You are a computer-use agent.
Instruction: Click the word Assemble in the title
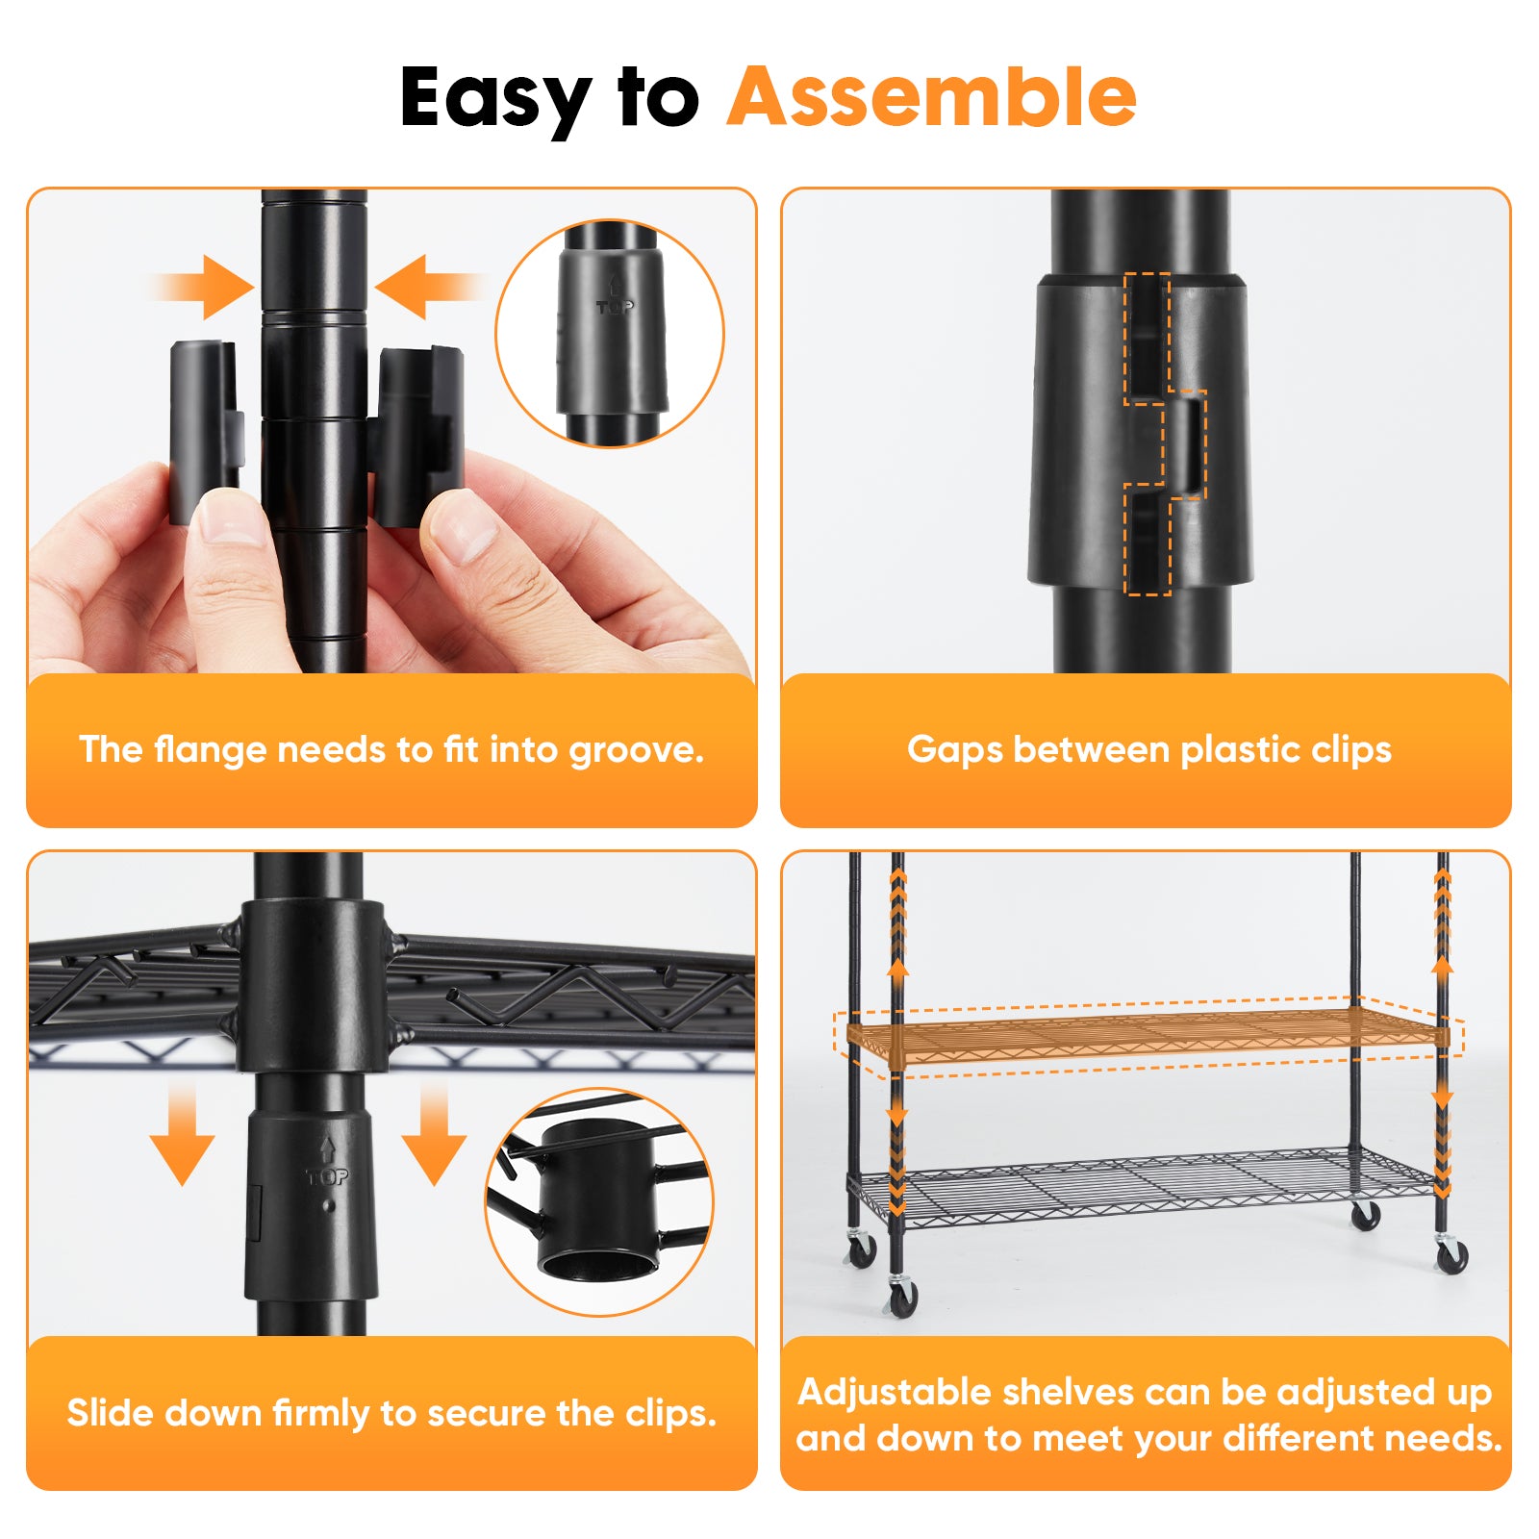click(931, 98)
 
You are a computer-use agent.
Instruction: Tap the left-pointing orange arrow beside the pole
click(423, 287)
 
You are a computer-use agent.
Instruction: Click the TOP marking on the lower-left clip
click(327, 1175)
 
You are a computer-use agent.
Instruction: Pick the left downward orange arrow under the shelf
click(182, 1135)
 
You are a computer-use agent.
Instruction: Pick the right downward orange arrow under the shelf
click(434, 1135)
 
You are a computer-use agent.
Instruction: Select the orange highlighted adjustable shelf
click(1145, 1037)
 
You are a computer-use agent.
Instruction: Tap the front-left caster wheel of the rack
click(901, 1299)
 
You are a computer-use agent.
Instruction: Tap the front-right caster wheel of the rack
click(1451, 1255)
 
